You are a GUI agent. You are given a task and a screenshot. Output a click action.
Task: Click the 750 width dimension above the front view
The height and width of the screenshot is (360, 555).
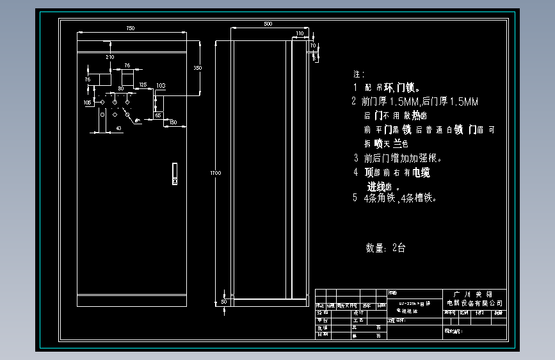130,28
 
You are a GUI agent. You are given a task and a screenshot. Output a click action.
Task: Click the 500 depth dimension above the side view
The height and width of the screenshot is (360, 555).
268,24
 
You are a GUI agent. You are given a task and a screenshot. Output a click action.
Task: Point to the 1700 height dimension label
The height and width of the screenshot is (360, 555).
216,172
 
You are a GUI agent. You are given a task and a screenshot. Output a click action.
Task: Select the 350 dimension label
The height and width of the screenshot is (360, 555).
197,67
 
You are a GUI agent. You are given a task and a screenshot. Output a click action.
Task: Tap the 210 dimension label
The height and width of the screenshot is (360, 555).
109,57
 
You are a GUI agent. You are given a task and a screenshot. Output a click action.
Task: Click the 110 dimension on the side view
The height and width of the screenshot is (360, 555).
300,33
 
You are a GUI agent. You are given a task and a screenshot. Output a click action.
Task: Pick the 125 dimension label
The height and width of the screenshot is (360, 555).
142,85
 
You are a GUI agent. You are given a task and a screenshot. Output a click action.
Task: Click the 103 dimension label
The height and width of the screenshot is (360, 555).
161,85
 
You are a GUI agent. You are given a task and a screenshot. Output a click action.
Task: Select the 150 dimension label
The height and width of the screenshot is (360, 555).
173,122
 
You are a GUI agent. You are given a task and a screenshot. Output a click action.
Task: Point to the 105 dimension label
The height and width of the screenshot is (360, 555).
87,102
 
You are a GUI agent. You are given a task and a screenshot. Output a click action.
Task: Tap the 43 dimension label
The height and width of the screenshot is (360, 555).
119,128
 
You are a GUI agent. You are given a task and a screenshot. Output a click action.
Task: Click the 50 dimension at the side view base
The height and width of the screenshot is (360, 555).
224,300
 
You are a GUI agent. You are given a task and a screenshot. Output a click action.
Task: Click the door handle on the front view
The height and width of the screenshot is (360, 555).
174,174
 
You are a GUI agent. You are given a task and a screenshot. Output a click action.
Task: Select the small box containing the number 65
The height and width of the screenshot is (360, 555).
158,115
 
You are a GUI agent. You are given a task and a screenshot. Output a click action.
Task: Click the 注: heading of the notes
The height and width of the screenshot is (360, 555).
358,74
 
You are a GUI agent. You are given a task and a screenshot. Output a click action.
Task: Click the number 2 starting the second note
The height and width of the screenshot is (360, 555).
353,101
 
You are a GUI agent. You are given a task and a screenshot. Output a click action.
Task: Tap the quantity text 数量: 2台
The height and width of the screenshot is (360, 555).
385,248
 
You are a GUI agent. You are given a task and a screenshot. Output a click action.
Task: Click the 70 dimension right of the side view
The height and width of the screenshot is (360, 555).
313,46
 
